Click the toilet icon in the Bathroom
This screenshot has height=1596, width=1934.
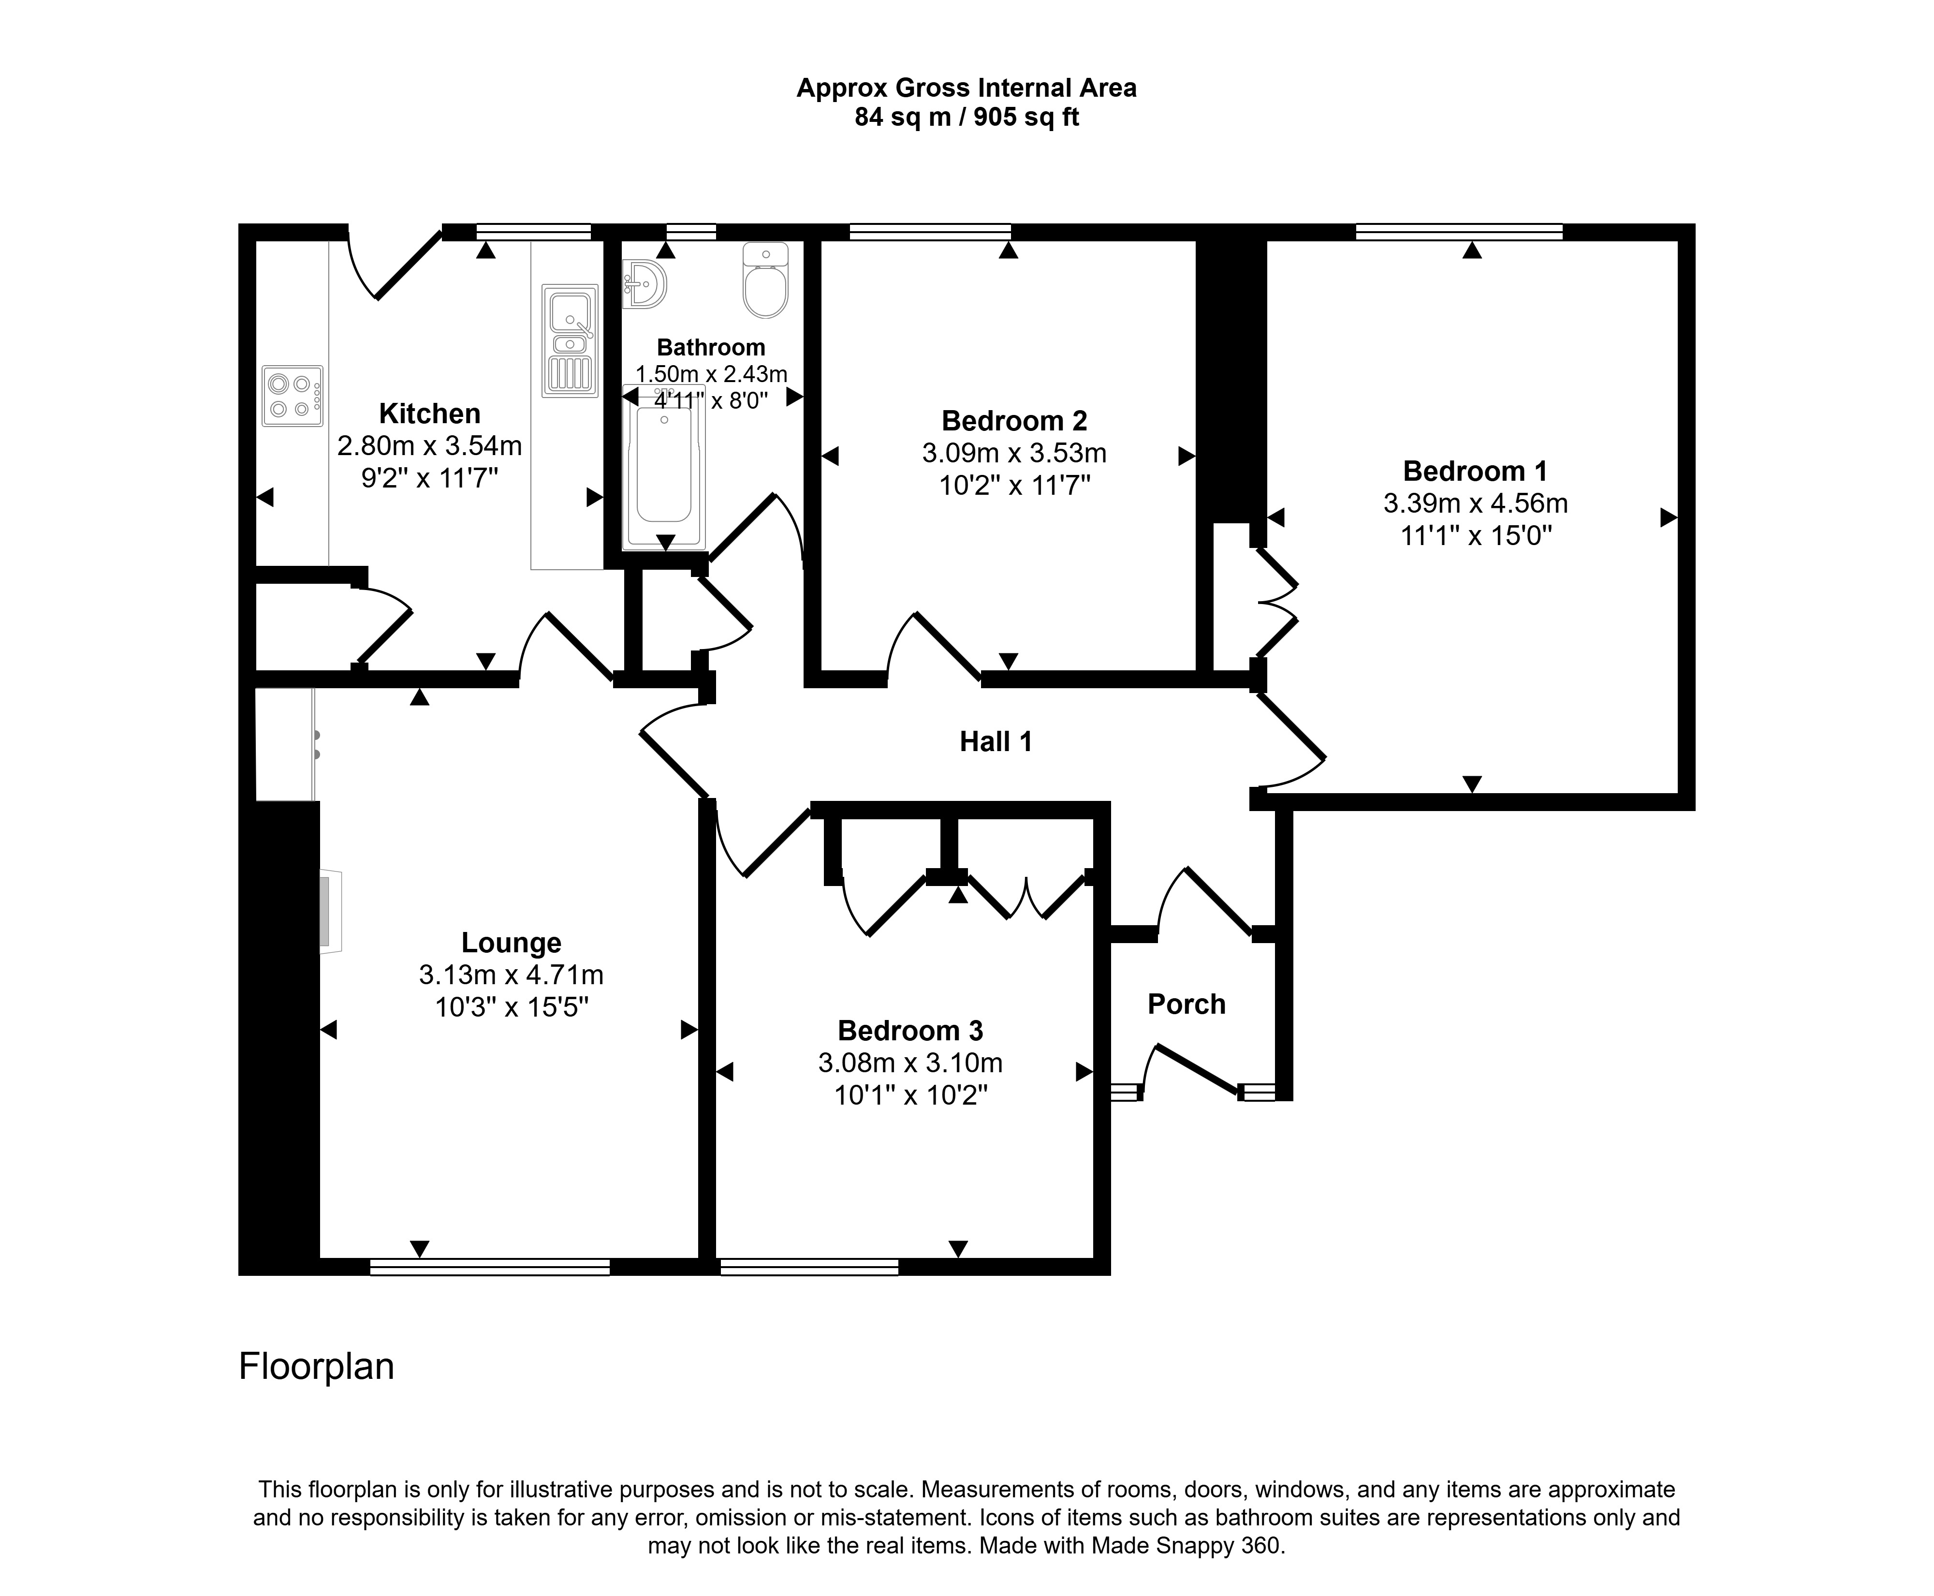pos(765,281)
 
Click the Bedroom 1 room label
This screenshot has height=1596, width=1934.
pos(1474,471)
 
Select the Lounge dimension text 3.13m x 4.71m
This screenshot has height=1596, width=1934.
pos(511,975)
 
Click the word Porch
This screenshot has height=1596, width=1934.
pos(1186,1004)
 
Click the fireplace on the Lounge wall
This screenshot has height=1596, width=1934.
pos(329,911)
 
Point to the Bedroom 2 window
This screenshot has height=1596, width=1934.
pos(929,232)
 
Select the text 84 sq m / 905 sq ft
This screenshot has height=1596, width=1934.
pos(966,118)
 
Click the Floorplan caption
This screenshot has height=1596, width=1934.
pos(316,1366)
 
